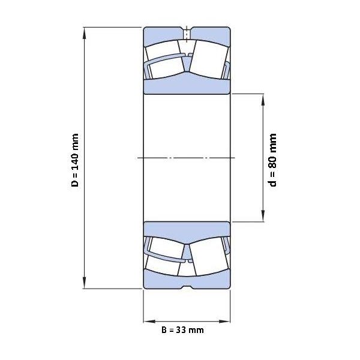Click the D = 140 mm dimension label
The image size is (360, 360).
pos(75,160)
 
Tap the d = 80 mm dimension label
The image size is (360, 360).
pos(273,160)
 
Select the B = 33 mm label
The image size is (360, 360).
pos(182,330)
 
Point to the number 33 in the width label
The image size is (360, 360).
pos(181,330)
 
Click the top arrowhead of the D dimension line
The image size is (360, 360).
pos(85,33)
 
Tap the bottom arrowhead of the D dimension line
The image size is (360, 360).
pos(85,283)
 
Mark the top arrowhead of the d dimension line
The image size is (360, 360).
pos(263,100)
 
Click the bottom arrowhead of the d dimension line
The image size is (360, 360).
pos(263,216)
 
